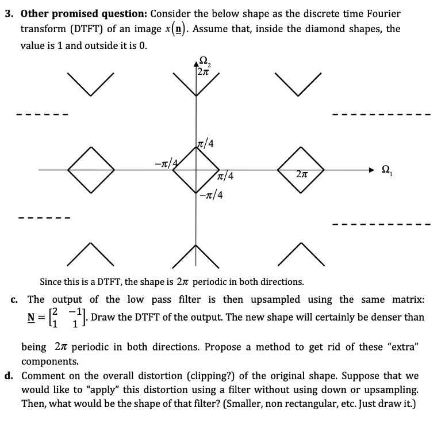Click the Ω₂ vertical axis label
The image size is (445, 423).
[x=203, y=59]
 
